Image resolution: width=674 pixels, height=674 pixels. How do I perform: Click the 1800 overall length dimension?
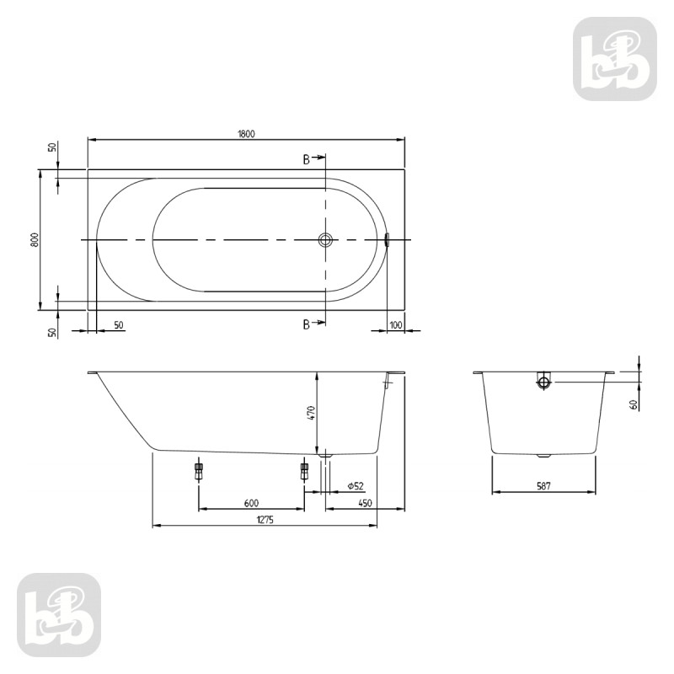point(246,132)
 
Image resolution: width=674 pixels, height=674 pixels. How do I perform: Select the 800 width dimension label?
point(34,239)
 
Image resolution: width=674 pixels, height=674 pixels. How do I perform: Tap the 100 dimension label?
point(396,324)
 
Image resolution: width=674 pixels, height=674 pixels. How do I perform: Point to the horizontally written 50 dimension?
point(118,324)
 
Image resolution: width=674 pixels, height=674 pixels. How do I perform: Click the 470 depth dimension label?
point(310,413)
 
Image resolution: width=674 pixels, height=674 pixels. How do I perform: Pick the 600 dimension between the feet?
point(251,503)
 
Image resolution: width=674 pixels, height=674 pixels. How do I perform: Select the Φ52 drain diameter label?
point(355,486)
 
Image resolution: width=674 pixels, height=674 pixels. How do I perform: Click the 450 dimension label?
point(365,503)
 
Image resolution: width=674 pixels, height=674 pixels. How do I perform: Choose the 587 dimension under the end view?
point(546,486)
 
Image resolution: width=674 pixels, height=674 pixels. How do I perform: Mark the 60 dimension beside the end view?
point(633,404)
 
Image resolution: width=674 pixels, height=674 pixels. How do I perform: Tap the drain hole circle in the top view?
point(326,240)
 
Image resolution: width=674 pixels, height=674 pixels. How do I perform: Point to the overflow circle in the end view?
point(544,382)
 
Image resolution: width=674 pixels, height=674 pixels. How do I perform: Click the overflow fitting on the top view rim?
point(387,240)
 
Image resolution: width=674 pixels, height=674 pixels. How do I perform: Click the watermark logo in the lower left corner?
point(59,615)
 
